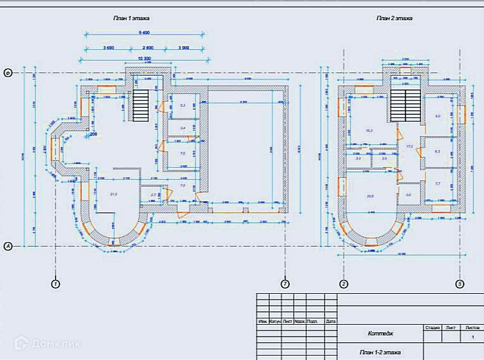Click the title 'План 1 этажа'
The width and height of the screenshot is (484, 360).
coord(127,19)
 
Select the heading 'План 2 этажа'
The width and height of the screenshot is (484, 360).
coord(395,18)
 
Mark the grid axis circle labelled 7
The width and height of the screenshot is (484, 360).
coord(285,284)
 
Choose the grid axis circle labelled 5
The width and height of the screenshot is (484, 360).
coord(460,284)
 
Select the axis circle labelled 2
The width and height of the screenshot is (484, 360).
coord(344,284)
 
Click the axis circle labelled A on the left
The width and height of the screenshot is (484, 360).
coord(9,246)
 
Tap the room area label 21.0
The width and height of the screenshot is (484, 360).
coord(114,194)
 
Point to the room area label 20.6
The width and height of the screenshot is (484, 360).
coord(370,196)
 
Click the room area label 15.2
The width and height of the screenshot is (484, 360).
coord(370,131)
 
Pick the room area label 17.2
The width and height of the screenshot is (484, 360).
coord(409,146)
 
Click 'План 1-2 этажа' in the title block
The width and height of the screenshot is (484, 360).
coord(380,352)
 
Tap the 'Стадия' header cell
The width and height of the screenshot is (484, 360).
coord(432,328)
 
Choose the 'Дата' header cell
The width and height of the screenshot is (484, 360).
coord(331,322)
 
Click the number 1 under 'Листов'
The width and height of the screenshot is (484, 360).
coord(473,338)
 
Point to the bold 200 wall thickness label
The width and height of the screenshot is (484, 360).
coord(93,134)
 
